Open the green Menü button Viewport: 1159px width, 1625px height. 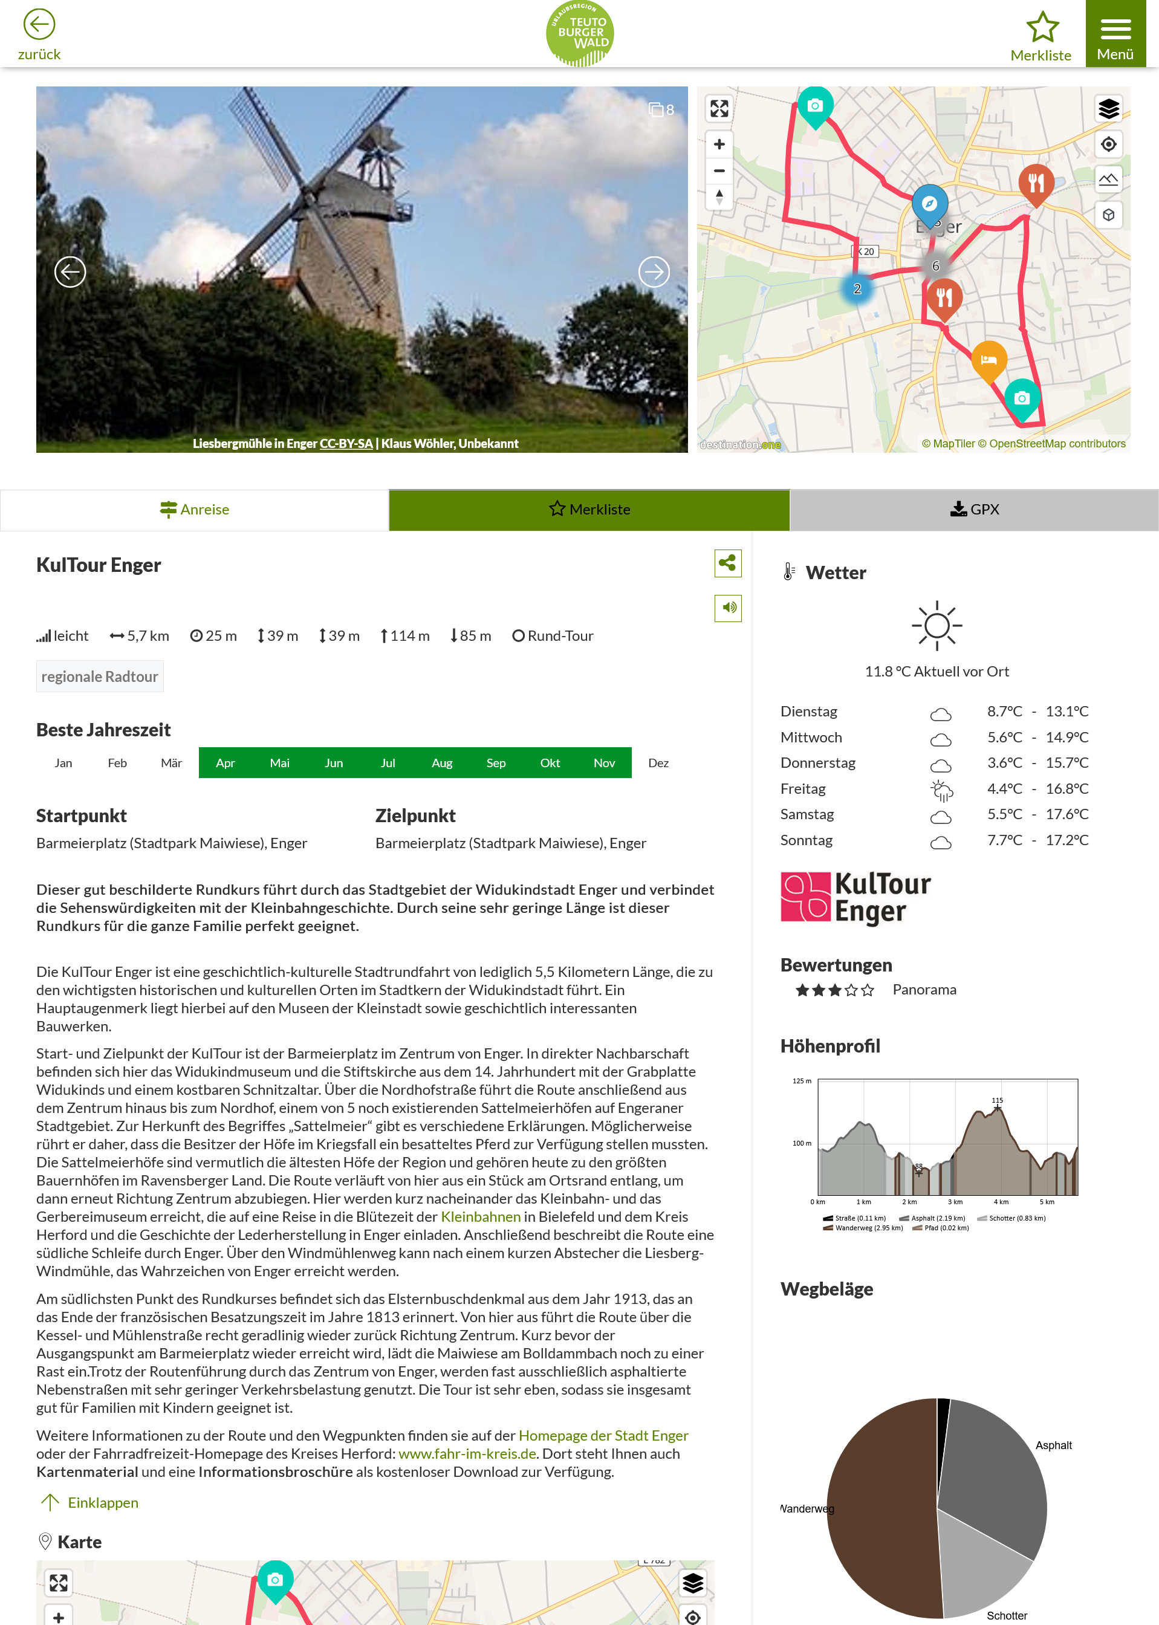[1115, 34]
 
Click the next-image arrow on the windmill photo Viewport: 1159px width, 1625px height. [653, 272]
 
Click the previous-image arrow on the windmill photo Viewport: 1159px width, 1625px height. [70, 272]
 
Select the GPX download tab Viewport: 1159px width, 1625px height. [974, 510]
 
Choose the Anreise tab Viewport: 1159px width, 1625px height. [194, 510]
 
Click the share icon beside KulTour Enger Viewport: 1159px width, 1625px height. [727, 563]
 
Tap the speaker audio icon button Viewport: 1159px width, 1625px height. [727, 608]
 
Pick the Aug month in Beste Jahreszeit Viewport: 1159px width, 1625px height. [442, 763]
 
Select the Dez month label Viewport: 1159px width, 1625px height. [658, 763]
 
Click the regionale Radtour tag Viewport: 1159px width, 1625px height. [100, 676]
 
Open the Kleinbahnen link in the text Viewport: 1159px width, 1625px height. [480, 1217]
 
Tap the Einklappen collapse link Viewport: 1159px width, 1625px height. [103, 1502]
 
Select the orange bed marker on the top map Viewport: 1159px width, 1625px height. [989, 359]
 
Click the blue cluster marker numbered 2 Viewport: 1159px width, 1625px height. [857, 289]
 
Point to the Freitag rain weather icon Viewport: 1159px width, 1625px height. [941, 790]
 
